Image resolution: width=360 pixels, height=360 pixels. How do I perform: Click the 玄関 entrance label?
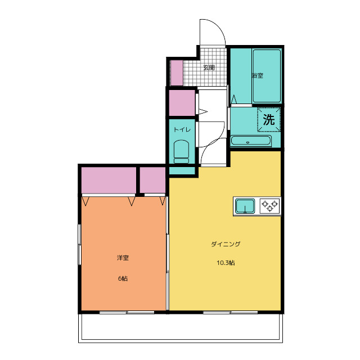pyautogui.click(x=209, y=67)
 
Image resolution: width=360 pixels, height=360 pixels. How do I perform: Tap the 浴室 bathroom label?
pyautogui.click(x=258, y=75)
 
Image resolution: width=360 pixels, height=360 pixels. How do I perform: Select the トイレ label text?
pyautogui.click(x=182, y=130)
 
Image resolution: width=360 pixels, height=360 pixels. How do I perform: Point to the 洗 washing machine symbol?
pyautogui.click(x=269, y=119)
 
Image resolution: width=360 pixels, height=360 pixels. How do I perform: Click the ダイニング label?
pyautogui.click(x=226, y=244)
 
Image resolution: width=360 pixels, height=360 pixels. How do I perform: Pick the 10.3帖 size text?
pyautogui.click(x=226, y=263)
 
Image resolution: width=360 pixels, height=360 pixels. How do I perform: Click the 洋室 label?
pyautogui.click(x=123, y=258)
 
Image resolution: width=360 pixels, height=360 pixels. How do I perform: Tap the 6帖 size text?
pyautogui.click(x=123, y=278)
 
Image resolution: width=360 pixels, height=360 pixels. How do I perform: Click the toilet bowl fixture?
pyautogui.click(x=181, y=151)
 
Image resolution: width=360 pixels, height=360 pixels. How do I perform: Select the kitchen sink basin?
pyautogui.click(x=245, y=206)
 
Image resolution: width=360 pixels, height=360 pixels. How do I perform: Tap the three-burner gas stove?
pyautogui.click(x=270, y=205)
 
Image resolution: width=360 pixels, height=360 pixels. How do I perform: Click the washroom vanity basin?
pyautogui.click(x=251, y=141)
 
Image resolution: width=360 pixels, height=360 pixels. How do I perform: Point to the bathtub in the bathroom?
pyautogui.click(x=267, y=76)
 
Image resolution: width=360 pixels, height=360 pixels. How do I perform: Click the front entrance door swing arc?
pyautogui.click(x=218, y=26)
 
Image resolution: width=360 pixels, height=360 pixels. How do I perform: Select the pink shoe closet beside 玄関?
pyautogui.click(x=177, y=73)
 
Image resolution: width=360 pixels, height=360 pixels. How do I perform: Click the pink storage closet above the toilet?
pyautogui.click(x=182, y=103)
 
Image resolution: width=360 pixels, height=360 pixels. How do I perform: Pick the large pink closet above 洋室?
pyautogui.click(x=109, y=180)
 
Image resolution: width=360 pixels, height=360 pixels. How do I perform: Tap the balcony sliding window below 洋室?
pyautogui.click(x=127, y=312)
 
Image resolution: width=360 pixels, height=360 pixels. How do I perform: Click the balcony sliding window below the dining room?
pyautogui.click(x=230, y=312)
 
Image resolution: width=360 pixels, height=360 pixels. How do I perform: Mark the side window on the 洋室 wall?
pyautogui.click(x=80, y=245)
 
